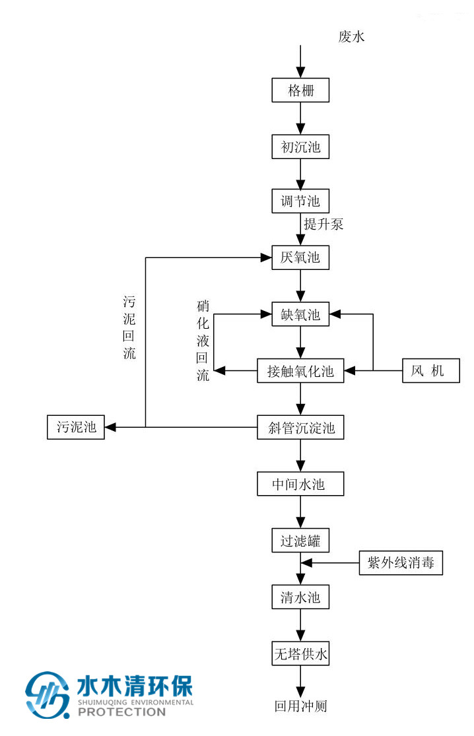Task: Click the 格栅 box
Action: [x=300, y=90]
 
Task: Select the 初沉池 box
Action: [x=300, y=147]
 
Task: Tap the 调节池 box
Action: [x=300, y=201]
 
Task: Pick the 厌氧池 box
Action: [x=300, y=257]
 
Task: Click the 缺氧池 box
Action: [x=300, y=315]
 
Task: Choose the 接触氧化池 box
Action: [x=300, y=371]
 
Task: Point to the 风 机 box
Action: [x=432, y=371]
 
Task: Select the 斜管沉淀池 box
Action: [x=300, y=428]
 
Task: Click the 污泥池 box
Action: [x=76, y=428]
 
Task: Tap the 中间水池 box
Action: [x=300, y=485]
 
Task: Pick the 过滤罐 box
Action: [x=300, y=541]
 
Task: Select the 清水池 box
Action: [x=300, y=598]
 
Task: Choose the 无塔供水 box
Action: [x=300, y=655]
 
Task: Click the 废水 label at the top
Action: [x=351, y=37]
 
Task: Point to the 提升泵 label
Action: [x=323, y=224]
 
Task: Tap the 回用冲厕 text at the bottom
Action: [x=300, y=706]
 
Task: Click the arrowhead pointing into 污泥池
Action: [x=110, y=428]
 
